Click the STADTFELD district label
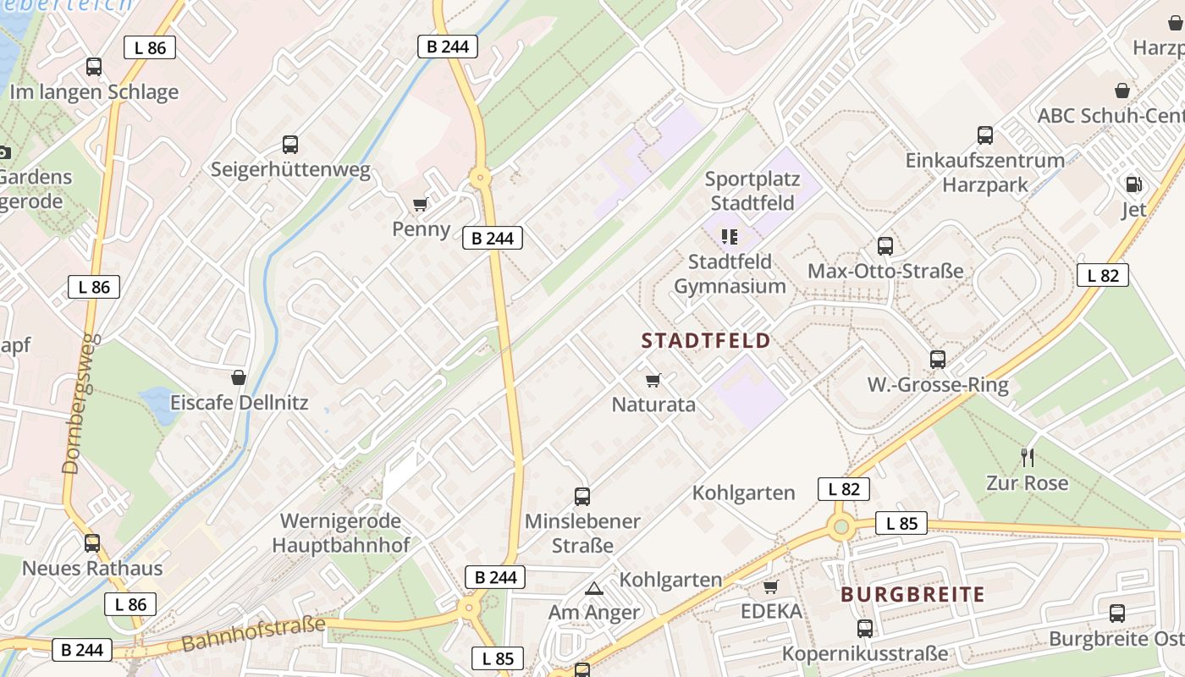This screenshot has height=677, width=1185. (x=706, y=341)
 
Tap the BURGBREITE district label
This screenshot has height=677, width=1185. (x=912, y=594)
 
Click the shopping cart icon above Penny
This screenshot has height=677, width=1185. (x=420, y=204)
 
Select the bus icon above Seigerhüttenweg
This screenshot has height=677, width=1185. (x=290, y=145)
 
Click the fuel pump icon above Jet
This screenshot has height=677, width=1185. (x=1133, y=184)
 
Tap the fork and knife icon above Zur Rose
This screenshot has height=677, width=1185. (x=1028, y=458)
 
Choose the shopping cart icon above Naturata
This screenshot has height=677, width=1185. (x=653, y=380)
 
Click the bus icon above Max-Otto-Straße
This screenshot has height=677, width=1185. (x=885, y=246)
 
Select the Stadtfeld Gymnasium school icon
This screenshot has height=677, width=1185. (x=730, y=237)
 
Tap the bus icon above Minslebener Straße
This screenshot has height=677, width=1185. (x=582, y=497)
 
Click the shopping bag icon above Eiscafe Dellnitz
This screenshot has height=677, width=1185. (x=239, y=377)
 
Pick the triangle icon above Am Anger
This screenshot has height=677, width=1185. (x=594, y=588)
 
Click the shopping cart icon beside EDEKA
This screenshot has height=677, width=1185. (x=770, y=586)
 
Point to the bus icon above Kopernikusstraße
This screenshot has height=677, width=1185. (x=865, y=629)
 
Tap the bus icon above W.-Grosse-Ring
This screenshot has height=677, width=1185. (x=938, y=360)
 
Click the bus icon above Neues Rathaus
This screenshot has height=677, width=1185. (x=92, y=543)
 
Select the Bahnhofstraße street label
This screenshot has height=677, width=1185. (x=254, y=635)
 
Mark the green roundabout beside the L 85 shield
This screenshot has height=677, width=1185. (x=841, y=527)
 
